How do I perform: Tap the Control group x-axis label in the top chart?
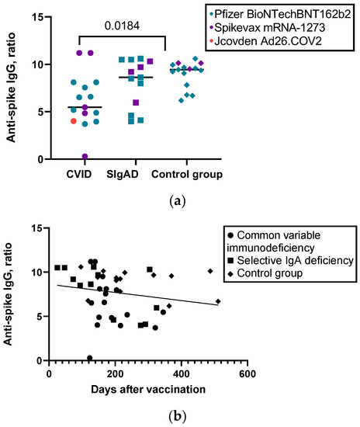(186, 175)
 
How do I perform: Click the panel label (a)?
(180, 199)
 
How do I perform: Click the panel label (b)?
(180, 417)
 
